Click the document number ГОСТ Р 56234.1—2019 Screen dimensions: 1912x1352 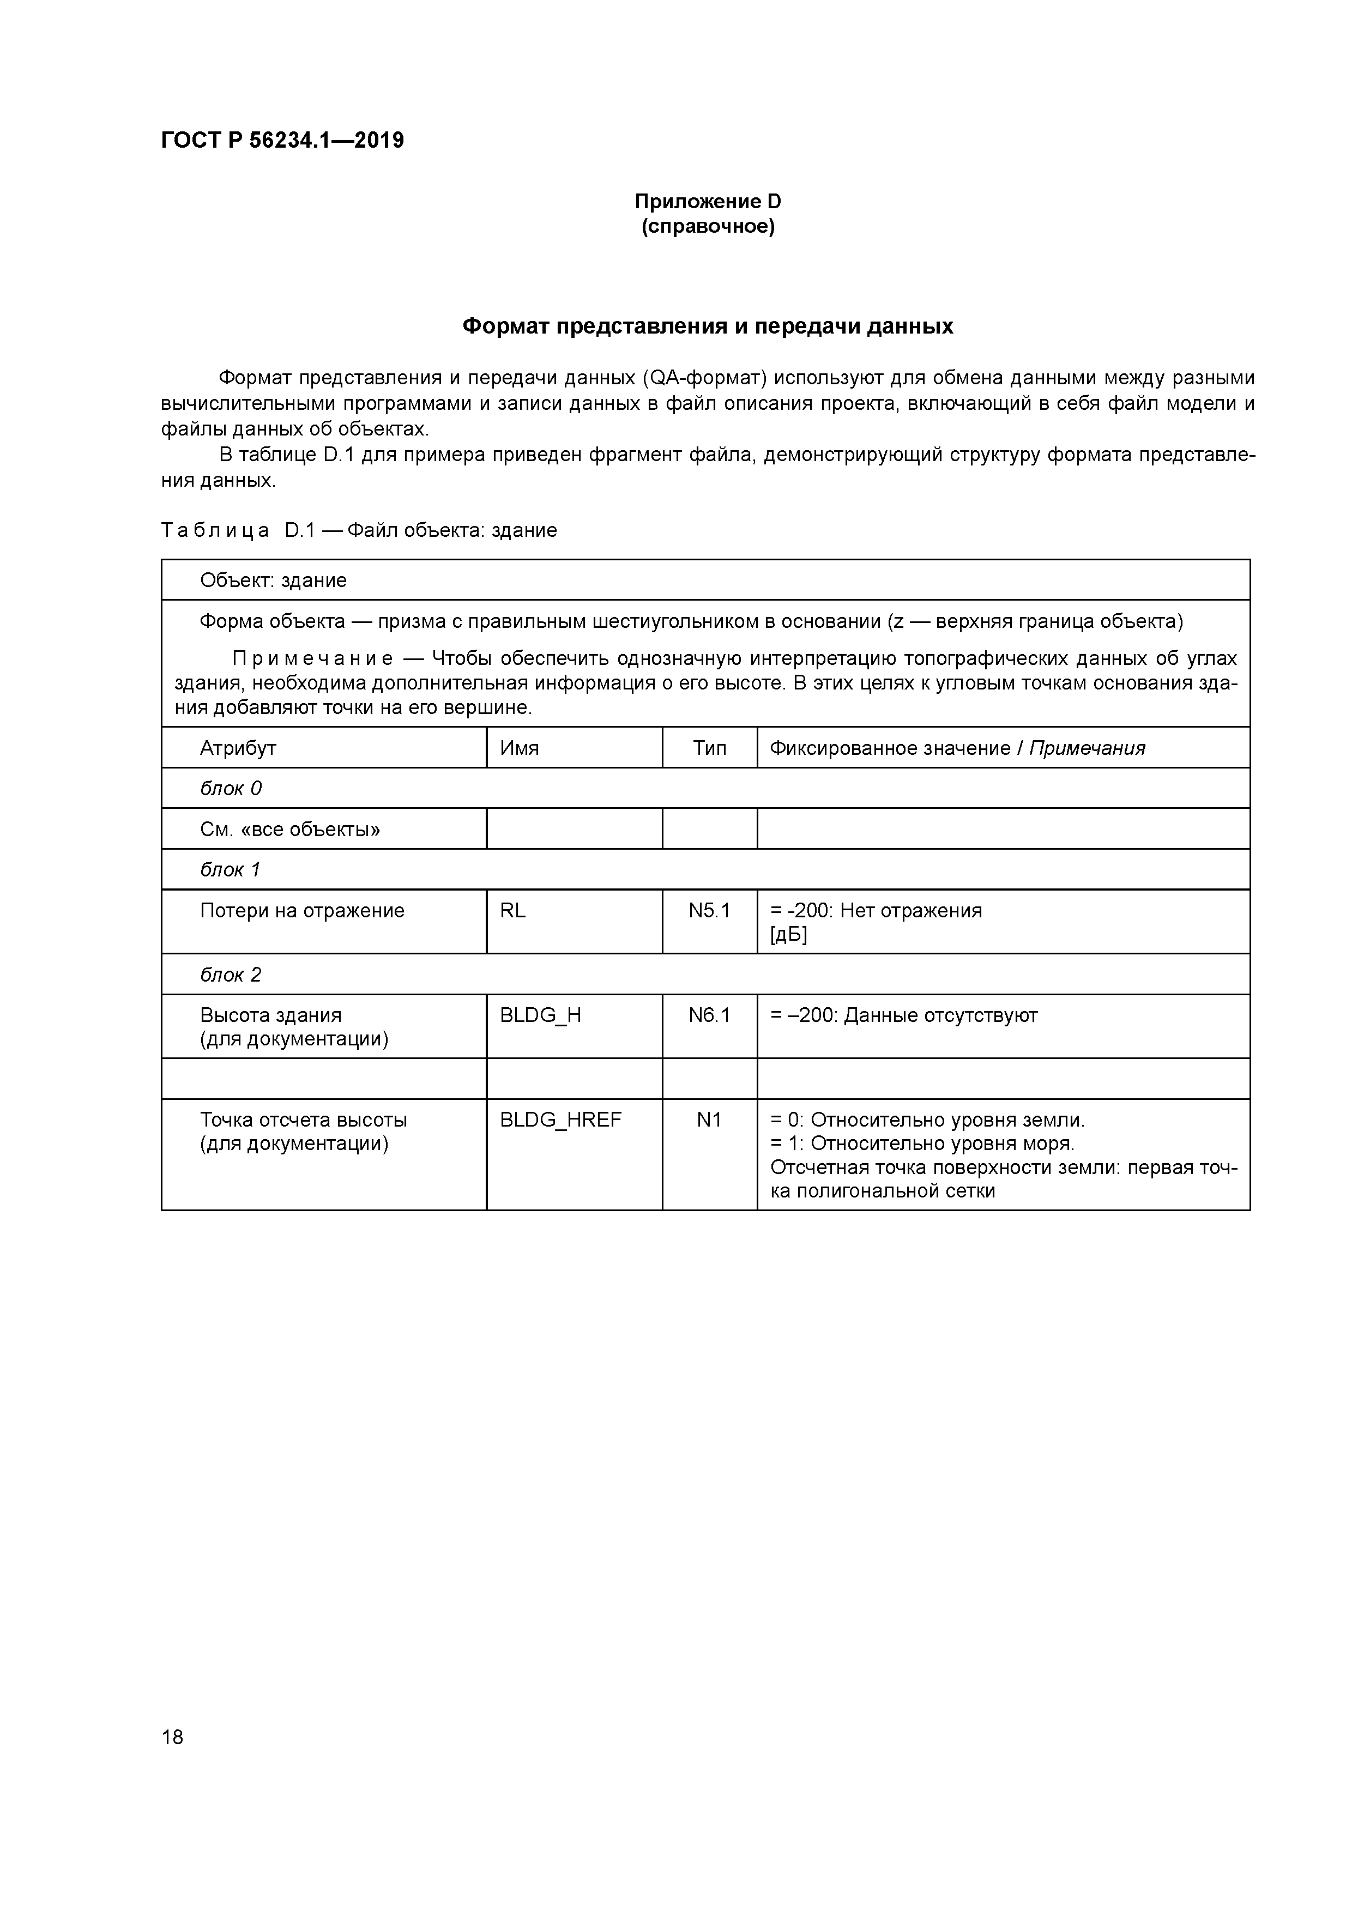click(282, 141)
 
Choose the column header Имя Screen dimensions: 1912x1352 click(519, 748)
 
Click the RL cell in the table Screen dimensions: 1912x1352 click(512, 910)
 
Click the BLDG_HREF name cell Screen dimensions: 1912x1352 click(560, 1120)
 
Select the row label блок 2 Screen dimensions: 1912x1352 click(231, 975)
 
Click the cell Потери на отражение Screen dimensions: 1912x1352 click(301, 910)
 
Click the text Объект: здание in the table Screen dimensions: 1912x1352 click(273, 580)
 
